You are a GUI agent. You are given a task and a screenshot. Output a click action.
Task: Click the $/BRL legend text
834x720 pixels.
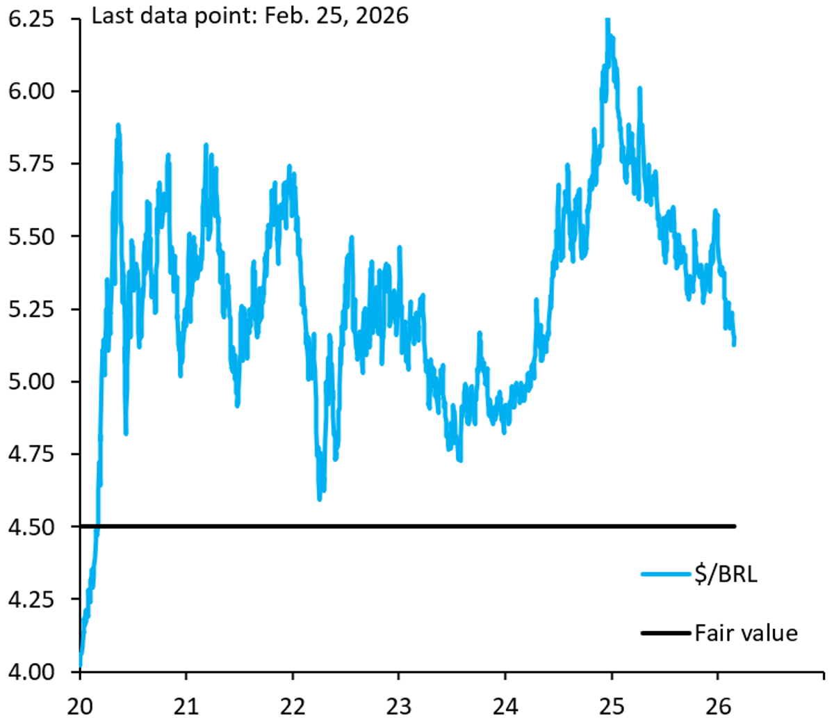click(x=724, y=575)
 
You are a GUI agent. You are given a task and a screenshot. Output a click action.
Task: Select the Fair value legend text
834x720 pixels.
click(x=746, y=633)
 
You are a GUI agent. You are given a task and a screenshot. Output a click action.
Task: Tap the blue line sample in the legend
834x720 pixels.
click(x=666, y=575)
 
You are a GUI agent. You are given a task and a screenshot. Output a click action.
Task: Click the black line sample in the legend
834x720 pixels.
click(x=666, y=633)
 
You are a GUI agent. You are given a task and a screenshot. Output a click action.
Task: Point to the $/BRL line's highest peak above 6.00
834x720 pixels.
click(x=607, y=21)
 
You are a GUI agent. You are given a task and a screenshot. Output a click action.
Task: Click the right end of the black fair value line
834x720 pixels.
click(x=735, y=527)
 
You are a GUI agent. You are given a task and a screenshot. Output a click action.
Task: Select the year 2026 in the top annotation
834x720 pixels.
click(x=386, y=15)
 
